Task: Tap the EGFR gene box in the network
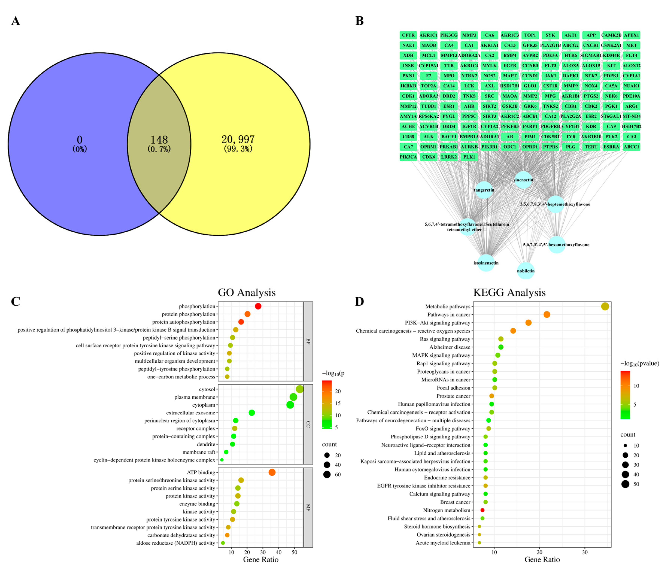[x=510, y=66]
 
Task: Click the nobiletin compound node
[x=526, y=271]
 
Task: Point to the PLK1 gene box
[x=469, y=157]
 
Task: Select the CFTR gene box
[x=408, y=35]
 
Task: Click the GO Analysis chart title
[x=247, y=293]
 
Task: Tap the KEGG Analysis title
[x=509, y=293]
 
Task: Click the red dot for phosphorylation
[x=258, y=306]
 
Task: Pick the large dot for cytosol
[x=300, y=389]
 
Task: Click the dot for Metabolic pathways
[x=605, y=307]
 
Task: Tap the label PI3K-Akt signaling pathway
[x=437, y=323]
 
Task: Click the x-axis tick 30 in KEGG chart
[x=585, y=552]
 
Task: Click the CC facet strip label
[x=308, y=424]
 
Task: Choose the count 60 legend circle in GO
[x=327, y=474]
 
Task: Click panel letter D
[x=359, y=302]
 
